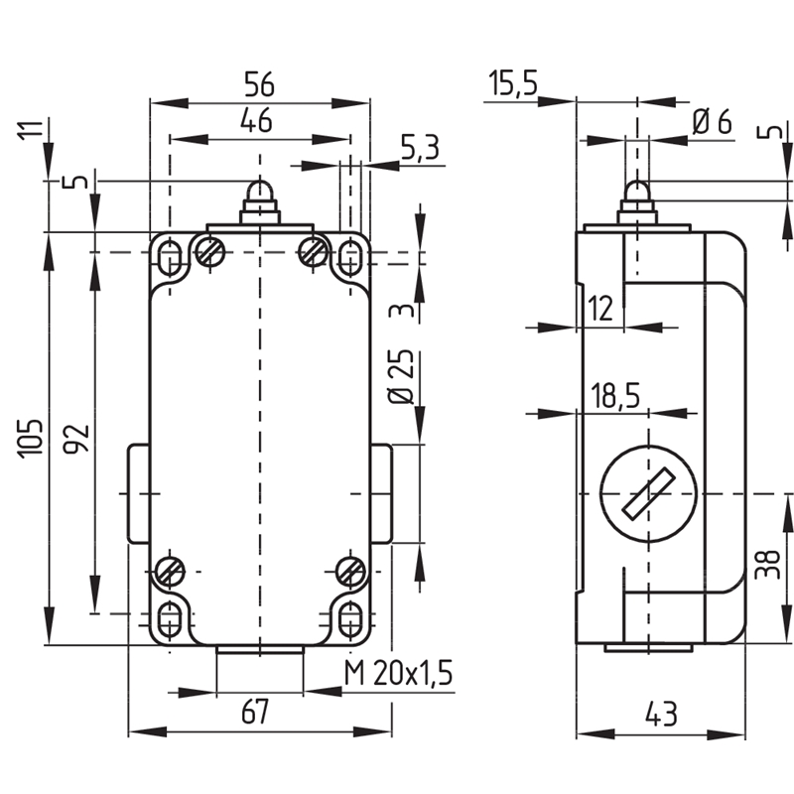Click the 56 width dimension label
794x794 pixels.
[259, 84]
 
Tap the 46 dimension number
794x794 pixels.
[256, 120]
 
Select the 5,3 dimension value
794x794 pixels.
[420, 148]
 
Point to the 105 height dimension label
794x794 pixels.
[31, 439]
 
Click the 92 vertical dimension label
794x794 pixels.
[76, 439]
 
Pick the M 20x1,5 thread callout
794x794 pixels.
[398, 673]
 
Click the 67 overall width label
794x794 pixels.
[255, 712]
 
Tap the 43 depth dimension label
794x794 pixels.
[661, 714]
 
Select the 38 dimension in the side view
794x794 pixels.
[767, 564]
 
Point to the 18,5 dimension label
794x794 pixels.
[615, 395]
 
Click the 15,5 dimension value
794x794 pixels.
[512, 82]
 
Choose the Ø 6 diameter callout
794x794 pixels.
[712, 121]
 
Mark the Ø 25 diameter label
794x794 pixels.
[401, 376]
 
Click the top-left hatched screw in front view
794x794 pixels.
[210, 251]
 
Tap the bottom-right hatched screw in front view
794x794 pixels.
[351, 571]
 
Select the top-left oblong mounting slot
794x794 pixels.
[170, 259]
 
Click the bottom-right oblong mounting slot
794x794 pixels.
[350, 619]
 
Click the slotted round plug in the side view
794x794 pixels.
[649, 493]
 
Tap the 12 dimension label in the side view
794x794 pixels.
[601, 308]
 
